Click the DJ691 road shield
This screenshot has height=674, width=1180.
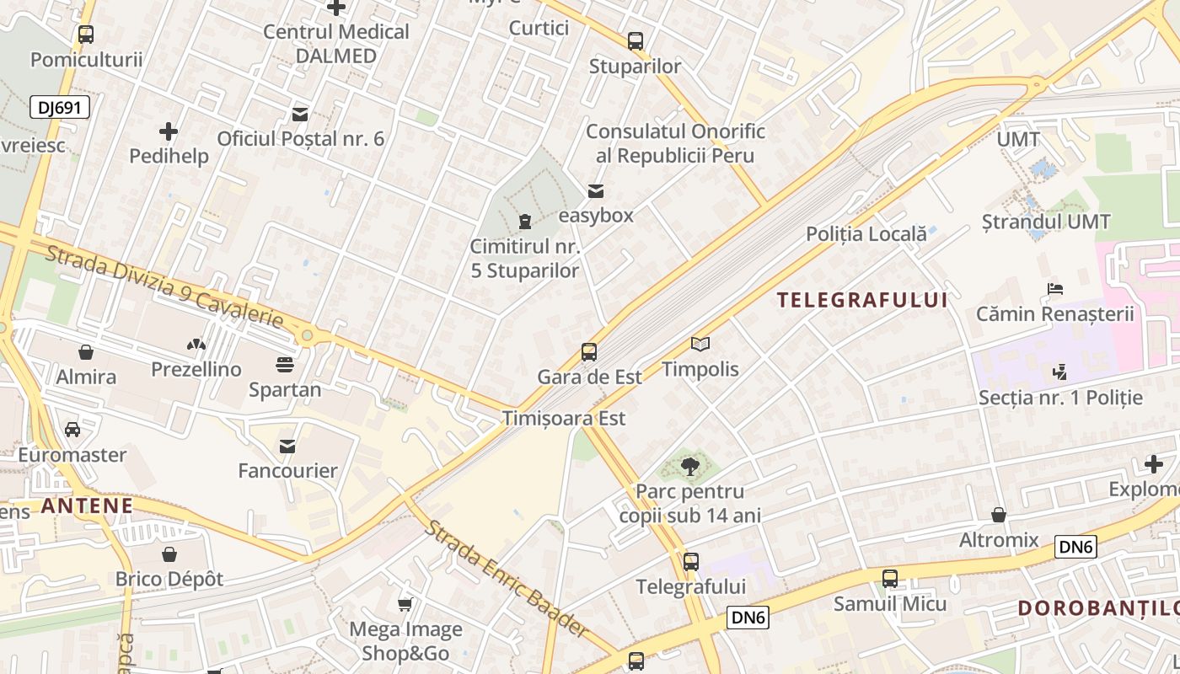click(x=59, y=107)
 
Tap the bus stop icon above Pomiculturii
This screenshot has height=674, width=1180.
click(x=85, y=35)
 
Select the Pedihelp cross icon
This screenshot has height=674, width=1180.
click(x=169, y=131)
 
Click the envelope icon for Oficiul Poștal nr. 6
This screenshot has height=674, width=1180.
click(x=299, y=114)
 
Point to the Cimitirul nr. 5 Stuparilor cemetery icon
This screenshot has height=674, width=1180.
click(x=525, y=222)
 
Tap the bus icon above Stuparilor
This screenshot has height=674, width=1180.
click(x=635, y=40)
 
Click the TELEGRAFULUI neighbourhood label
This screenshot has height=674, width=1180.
click(x=862, y=300)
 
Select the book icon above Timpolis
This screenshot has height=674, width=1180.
click(x=700, y=344)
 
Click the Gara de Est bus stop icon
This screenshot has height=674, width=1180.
click(x=589, y=352)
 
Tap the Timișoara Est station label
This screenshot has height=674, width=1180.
click(x=564, y=418)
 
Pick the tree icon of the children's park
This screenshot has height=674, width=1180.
click(x=690, y=466)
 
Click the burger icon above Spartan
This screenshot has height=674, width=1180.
click(x=285, y=365)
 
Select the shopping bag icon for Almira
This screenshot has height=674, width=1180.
click(x=85, y=352)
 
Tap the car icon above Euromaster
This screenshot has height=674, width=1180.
click(x=72, y=430)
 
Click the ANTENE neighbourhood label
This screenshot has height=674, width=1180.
click(x=87, y=505)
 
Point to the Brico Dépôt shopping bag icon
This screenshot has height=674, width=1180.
click(x=169, y=554)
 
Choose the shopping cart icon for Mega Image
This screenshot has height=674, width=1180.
click(x=405, y=604)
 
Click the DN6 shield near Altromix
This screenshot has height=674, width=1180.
click(x=1075, y=548)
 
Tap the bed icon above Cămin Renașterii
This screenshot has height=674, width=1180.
click(x=1054, y=289)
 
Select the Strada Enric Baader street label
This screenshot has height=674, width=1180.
click(x=506, y=579)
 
